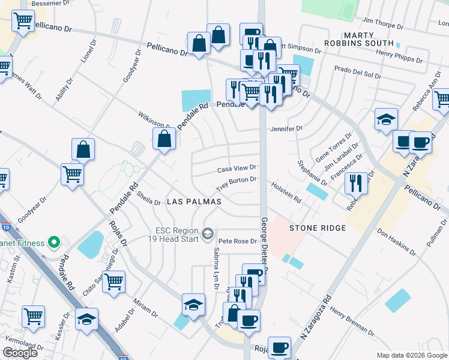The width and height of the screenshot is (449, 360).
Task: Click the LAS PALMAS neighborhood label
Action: click(194, 202)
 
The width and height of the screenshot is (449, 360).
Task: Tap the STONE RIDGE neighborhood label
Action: click(318, 228)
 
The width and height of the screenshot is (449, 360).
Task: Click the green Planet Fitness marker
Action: click(53, 243)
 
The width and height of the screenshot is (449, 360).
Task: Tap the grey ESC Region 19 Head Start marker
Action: click(208, 233)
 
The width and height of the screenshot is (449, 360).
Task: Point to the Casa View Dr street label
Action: click(237, 169)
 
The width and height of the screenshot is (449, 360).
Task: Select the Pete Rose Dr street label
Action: click(237, 241)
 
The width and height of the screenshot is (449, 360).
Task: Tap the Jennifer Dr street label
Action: click(286, 128)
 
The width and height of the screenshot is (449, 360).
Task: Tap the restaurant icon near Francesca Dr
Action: click(356, 182)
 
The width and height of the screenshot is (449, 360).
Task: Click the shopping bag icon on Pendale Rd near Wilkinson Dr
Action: click(164, 139)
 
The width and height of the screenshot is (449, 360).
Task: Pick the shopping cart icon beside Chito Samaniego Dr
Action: click(113, 281)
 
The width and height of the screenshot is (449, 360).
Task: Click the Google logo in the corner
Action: click(20, 353)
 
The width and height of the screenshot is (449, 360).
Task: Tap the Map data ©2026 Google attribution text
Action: click(411, 355)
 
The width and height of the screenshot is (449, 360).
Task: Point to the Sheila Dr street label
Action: click(148, 198)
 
